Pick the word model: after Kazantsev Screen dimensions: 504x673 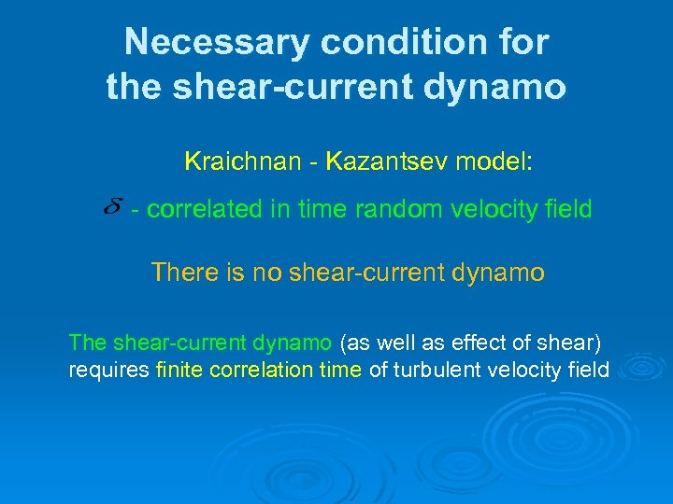coord(494,161)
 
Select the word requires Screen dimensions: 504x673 coord(108,370)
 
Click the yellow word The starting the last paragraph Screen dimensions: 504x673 coord(88,343)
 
